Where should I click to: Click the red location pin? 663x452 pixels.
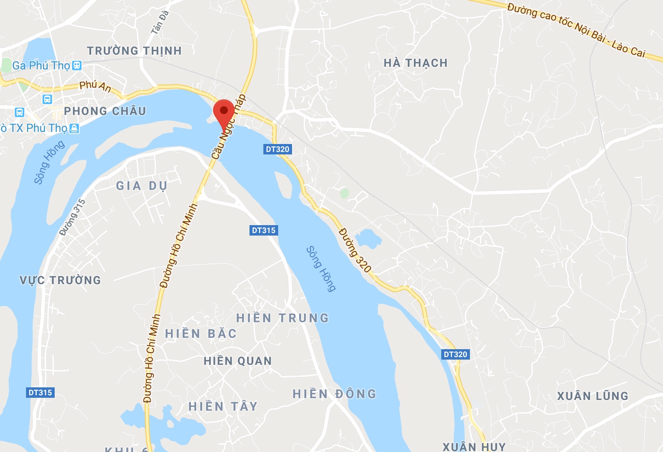(224, 112)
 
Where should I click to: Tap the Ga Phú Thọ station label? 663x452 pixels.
(41, 66)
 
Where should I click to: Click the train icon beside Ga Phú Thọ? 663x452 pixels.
(77, 66)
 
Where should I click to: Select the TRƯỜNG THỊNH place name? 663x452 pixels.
(134, 51)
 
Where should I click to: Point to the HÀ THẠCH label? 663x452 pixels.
(416, 63)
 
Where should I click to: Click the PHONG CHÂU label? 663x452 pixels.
(105, 111)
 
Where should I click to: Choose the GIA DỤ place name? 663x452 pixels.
(142, 186)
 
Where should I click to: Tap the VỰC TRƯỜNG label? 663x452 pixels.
(60, 280)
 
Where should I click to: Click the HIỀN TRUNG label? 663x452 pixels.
(282, 318)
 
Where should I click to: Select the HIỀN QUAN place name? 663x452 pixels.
(238, 361)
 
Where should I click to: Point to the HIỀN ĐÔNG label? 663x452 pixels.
(335, 394)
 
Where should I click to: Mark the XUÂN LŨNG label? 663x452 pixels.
(593, 396)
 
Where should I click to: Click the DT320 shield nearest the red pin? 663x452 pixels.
(277, 149)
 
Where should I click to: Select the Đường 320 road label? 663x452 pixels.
(354, 250)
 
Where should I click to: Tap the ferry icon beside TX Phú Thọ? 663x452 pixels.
(75, 128)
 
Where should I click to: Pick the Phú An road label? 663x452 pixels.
(95, 86)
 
